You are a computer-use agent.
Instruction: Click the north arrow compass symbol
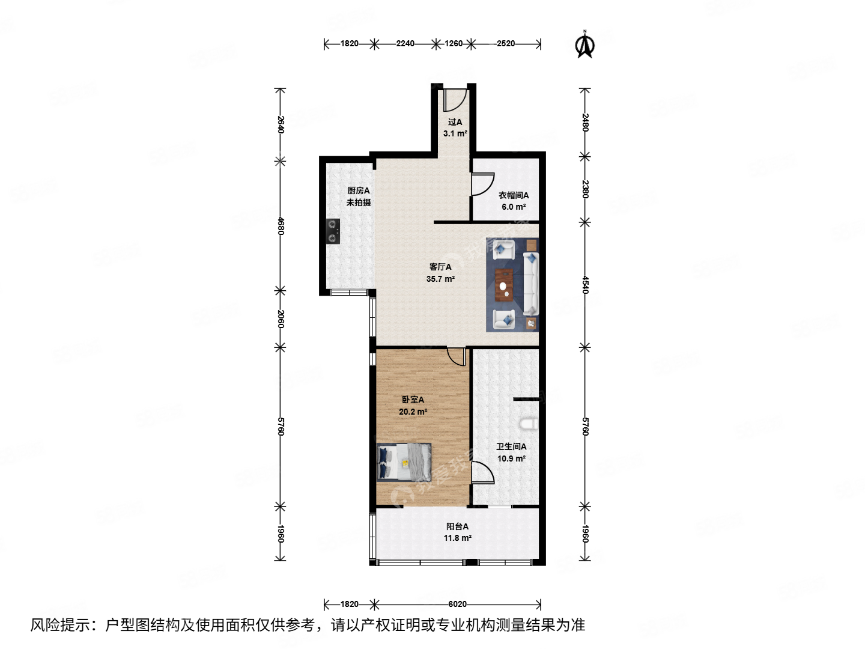point(585,45)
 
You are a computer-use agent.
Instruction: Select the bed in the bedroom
point(404,462)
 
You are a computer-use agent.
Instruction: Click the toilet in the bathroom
point(530,424)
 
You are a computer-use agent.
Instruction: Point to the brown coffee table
point(504,285)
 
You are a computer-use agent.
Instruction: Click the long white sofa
point(531,284)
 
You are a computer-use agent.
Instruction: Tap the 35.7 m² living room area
point(440,279)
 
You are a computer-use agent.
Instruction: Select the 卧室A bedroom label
point(413,400)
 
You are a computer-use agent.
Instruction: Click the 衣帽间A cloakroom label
point(514,195)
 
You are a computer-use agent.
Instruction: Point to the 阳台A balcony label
point(457,526)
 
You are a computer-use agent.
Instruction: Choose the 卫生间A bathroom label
point(511,446)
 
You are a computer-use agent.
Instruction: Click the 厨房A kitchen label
point(359,190)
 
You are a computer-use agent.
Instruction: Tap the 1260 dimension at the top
point(454,43)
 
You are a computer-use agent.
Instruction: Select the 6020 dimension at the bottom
point(457,604)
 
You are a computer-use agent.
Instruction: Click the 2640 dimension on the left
point(281,124)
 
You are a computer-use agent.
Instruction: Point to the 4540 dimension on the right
point(585,284)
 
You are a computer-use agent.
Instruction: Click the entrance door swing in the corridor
point(455,100)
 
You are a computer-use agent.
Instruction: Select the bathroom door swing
point(482,472)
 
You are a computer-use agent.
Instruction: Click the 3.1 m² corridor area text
point(455,133)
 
